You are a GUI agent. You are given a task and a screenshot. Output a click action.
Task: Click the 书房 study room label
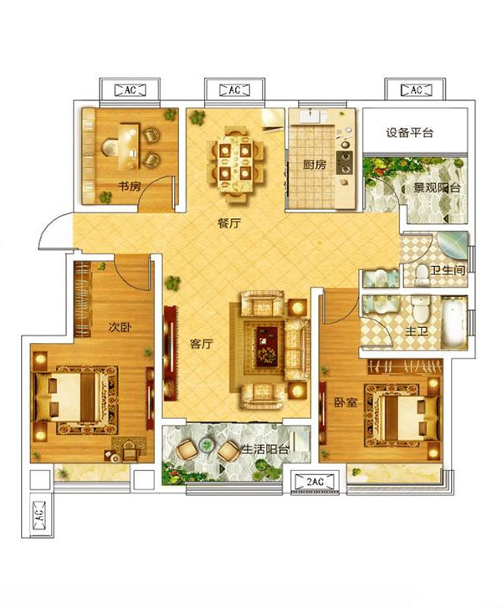130,186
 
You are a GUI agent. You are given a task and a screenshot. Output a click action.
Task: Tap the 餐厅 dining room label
229,223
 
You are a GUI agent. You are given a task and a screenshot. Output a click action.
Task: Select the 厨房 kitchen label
315,165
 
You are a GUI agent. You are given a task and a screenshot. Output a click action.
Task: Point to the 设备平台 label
409,133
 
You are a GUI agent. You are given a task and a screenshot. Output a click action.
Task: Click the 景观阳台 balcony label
437,188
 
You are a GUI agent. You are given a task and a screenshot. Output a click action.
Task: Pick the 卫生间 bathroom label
448,270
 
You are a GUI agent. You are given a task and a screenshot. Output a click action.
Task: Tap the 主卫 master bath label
417,331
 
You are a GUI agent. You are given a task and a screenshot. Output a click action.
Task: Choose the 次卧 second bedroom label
120,328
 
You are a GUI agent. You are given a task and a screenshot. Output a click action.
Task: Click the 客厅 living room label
202,344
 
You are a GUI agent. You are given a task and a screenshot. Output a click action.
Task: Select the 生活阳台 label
265,449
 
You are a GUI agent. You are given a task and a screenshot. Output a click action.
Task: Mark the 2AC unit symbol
315,482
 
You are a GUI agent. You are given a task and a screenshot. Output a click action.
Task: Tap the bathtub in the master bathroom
453,321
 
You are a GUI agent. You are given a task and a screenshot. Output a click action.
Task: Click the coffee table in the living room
267,347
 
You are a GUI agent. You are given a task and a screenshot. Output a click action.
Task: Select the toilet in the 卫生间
421,274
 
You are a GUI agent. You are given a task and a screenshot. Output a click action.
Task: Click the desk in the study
128,146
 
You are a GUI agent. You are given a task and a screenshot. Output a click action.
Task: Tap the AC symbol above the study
130,90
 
